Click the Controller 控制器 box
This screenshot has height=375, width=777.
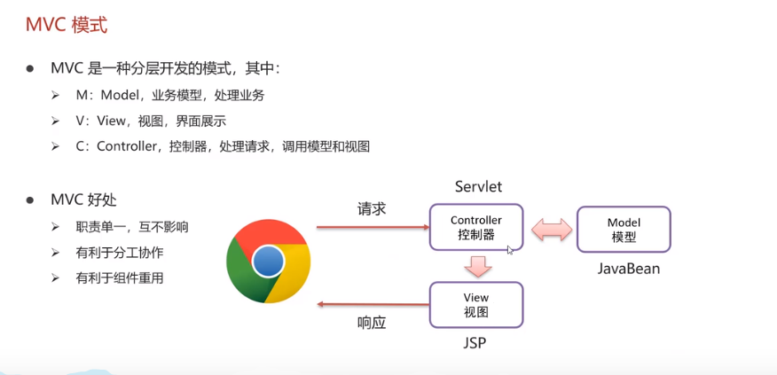pyautogui.click(x=476, y=228)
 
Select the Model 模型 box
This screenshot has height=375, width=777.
pyautogui.click(x=624, y=230)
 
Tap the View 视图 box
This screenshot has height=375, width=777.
pyautogui.click(x=476, y=305)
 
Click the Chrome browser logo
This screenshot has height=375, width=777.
pyautogui.click(x=268, y=262)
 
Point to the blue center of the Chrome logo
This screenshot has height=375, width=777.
pyautogui.click(x=268, y=262)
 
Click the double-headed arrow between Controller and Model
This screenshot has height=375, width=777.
pyautogui.click(x=551, y=229)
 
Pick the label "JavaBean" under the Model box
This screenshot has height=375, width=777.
pyautogui.click(x=625, y=268)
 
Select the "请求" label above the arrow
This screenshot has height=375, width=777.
pyautogui.click(x=372, y=209)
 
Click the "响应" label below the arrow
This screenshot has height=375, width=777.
pyautogui.click(x=372, y=323)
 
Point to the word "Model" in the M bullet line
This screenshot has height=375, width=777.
pyautogui.click(x=121, y=95)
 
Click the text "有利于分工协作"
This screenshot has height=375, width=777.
pyautogui.click(x=120, y=253)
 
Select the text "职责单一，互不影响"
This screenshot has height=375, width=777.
pyautogui.click(x=132, y=227)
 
